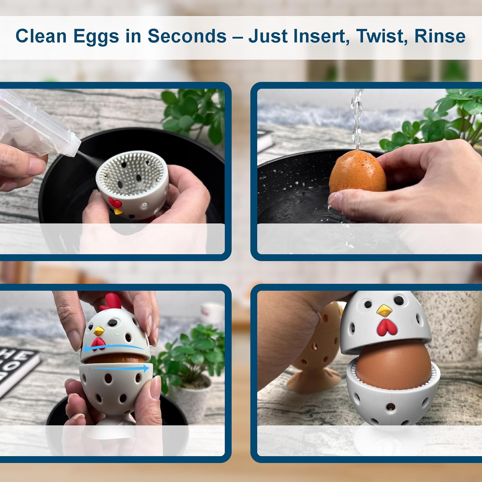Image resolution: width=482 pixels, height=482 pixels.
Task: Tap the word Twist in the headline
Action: click(381, 36)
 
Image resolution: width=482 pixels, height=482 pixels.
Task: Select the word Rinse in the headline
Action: click(440, 36)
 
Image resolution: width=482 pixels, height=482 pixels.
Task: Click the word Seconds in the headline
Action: click(187, 36)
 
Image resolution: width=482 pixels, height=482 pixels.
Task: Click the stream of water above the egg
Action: click(357, 119)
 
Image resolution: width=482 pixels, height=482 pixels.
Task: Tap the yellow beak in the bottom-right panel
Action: click(384, 310)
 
